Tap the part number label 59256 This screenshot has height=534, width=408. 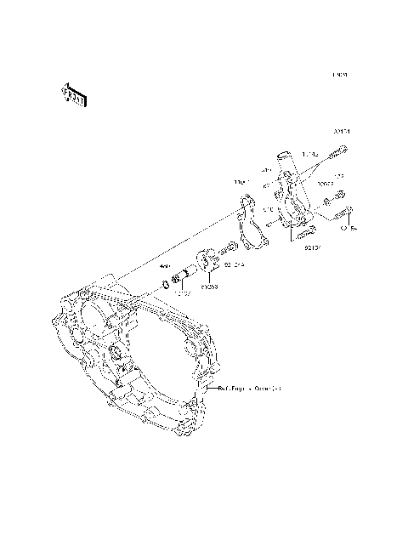(208, 287)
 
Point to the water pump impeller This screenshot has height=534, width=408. (206, 258)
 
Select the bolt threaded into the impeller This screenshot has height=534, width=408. (229, 249)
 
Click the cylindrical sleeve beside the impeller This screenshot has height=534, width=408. (184, 274)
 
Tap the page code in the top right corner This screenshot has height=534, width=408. (339, 75)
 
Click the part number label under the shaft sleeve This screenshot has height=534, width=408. (184, 295)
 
